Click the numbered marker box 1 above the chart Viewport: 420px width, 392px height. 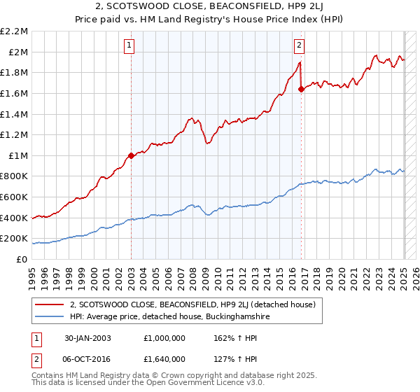130,46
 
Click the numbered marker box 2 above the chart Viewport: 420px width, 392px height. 299,46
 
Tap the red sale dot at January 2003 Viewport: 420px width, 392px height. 131,155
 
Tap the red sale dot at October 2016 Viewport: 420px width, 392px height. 301,89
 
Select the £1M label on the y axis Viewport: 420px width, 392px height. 19,155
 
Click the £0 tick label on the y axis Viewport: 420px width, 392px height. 22,259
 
